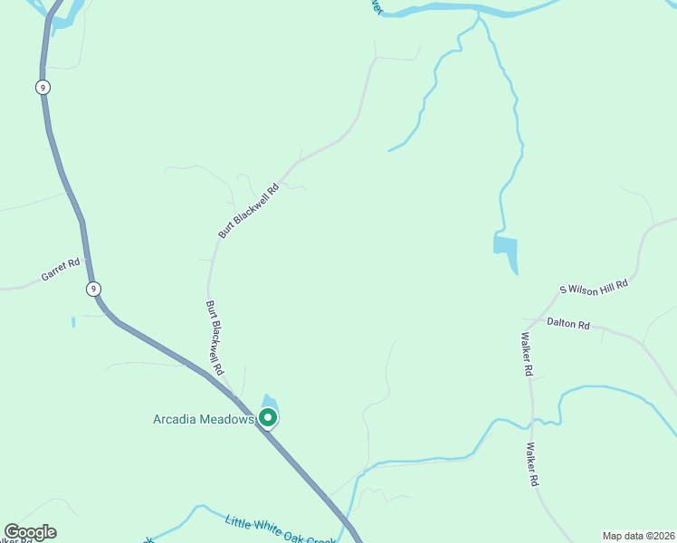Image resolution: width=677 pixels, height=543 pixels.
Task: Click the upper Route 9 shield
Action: [43, 87]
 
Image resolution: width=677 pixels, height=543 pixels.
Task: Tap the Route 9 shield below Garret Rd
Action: [93, 289]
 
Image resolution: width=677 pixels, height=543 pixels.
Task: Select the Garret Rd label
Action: [61, 270]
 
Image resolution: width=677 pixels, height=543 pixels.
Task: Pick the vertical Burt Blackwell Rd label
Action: [215, 338]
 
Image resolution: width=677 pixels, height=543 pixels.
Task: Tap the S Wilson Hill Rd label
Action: [593, 287]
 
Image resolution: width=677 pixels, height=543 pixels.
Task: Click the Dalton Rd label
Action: [567, 323]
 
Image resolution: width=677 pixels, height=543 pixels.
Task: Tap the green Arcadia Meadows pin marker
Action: [268, 417]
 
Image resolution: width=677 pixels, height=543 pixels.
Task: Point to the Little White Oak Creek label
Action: [281, 531]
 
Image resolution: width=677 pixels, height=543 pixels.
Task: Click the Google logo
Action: [30, 532]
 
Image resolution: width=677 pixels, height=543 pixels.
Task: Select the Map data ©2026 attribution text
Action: [638, 536]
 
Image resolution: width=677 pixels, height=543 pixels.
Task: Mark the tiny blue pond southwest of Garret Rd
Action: [73, 321]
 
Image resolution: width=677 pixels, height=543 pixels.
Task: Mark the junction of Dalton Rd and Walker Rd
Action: [528, 319]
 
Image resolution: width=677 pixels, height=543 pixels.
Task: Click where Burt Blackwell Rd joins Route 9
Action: [237, 395]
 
